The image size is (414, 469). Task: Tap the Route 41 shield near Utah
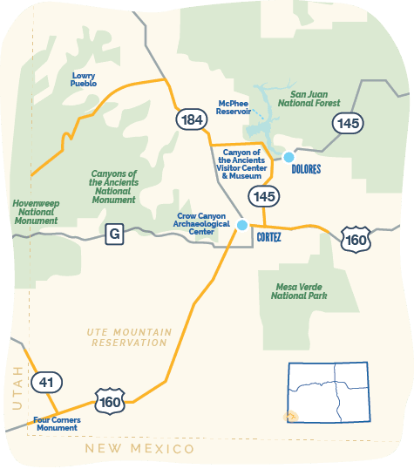click(x=45, y=382)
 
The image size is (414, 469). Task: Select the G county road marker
click(x=113, y=234)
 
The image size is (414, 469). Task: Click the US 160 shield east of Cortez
click(x=356, y=237)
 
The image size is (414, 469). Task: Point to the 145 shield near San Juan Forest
click(x=349, y=124)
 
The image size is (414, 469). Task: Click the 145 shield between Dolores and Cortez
click(x=265, y=196)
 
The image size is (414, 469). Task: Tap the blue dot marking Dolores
click(x=288, y=157)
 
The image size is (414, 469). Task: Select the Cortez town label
click(x=269, y=235)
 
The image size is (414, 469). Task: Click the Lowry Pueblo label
click(x=84, y=79)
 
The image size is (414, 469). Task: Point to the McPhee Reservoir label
click(x=234, y=107)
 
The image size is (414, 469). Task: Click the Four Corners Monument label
click(x=57, y=425)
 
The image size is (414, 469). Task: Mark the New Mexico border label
click(x=139, y=449)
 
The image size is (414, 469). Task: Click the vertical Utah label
click(x=15, y=384)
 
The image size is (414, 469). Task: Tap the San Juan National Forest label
click(x=315, y=99)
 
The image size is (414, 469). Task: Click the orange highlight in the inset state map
click(x=292, y=416)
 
